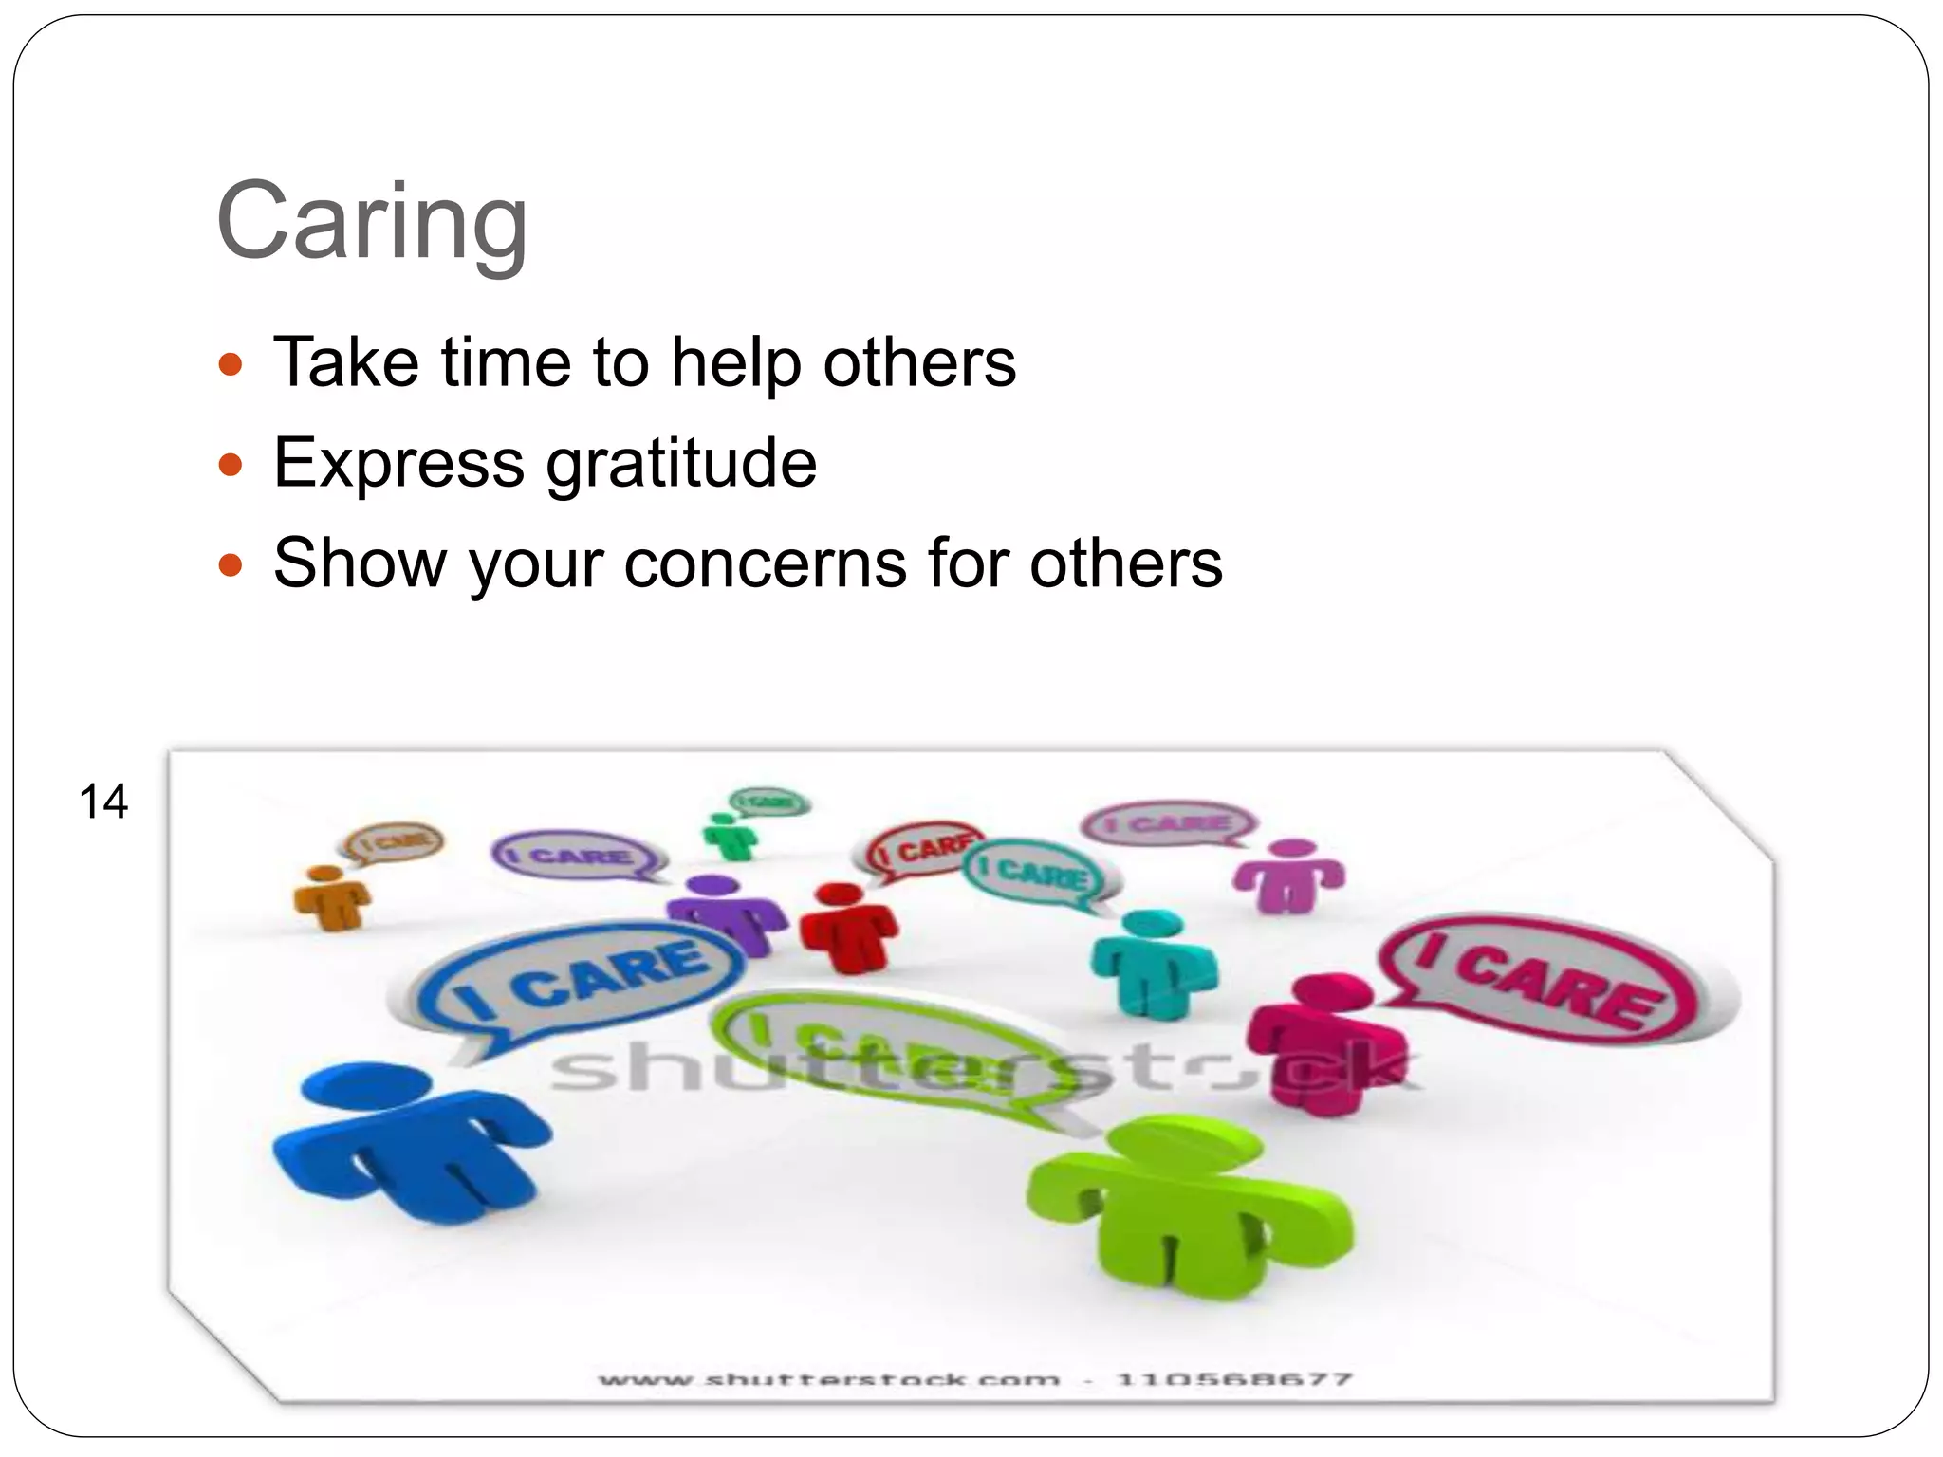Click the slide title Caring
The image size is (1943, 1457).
tap(372, 222)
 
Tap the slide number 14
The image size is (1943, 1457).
tap(103, 802)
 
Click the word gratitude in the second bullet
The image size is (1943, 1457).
tap(681, 464)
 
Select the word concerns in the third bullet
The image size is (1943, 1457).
tap(767, 563)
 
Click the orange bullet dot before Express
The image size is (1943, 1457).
tap(231, 465)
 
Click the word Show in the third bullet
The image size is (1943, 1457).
tap(360, 563)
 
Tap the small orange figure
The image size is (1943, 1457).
tap(330, 896)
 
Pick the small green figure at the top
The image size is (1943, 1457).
tap(729, 835)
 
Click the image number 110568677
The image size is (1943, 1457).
tap(1234, 1379)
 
